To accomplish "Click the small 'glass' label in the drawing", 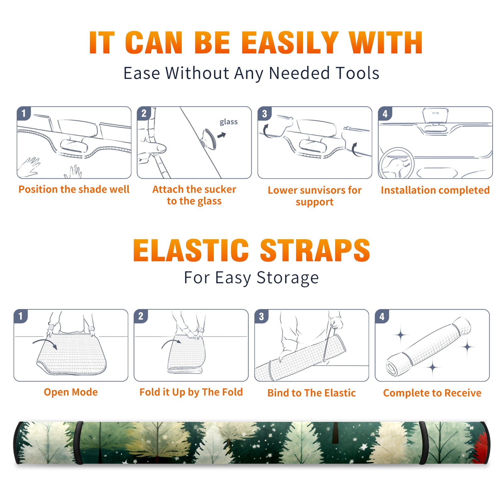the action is [229, 122].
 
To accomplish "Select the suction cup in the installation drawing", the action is [209, 138].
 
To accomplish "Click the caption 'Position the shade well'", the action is [74, 189].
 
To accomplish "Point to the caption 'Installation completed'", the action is [435, 190].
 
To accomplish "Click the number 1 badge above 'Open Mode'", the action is [21, 316].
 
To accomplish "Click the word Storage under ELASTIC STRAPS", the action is [288, 278].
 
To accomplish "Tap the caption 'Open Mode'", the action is [71, 392].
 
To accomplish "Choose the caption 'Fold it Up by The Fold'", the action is [191, 392].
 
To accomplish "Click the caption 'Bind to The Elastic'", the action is [312, 393].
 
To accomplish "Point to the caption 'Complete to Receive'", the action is [432, 393].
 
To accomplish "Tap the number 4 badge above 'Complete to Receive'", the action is [382, 316].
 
